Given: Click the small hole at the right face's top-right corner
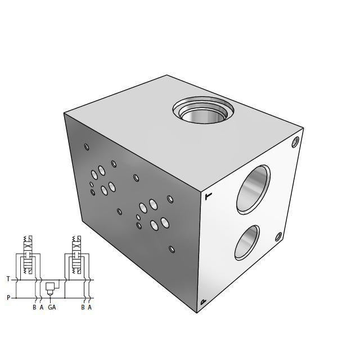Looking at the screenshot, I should click(x=296, y=143).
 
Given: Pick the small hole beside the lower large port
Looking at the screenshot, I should click(x=278, y=237).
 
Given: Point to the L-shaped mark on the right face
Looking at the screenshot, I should click(x=209, y=196).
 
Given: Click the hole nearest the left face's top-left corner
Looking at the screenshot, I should click(x=87, y=147).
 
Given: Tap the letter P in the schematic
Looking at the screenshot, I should click(x=8, y=298).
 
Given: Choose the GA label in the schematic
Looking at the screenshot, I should click(x=52, y=307).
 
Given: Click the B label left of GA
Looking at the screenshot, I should click(x=34, y=307).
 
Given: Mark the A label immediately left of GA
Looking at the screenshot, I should click(x=41, y=307).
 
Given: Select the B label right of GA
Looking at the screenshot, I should click(x=83, y=307).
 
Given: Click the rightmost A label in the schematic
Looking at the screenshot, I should click(x=89, y=307).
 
